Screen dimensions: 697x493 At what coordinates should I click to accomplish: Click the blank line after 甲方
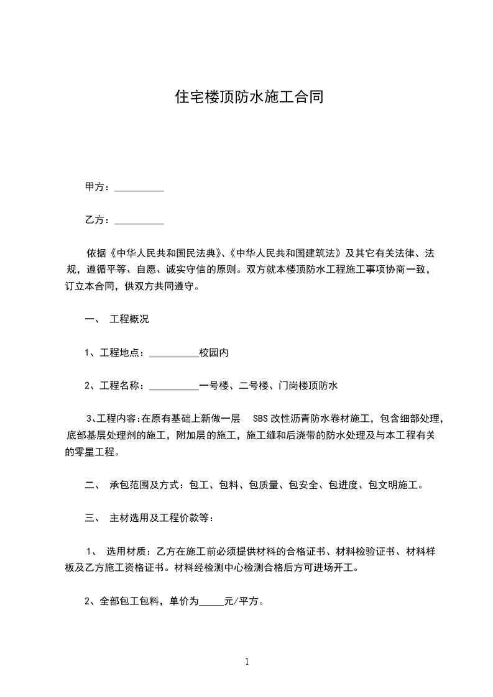click(139, 187)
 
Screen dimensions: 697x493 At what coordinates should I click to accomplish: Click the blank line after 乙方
click(139, 220)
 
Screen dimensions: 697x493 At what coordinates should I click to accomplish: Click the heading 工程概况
click(129, 320)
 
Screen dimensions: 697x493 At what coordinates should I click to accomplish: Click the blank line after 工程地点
click(174, 353)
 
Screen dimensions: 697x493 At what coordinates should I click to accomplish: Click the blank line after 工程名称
click(174, 386)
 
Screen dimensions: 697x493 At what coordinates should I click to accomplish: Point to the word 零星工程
click(90, 452)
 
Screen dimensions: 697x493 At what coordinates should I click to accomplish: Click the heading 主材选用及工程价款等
click(162, 518)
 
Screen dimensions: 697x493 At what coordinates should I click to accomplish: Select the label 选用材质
click(127, 552)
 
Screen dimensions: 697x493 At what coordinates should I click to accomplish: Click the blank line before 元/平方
click(211, 601)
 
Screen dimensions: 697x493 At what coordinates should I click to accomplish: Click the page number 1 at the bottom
click(247, 662)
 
